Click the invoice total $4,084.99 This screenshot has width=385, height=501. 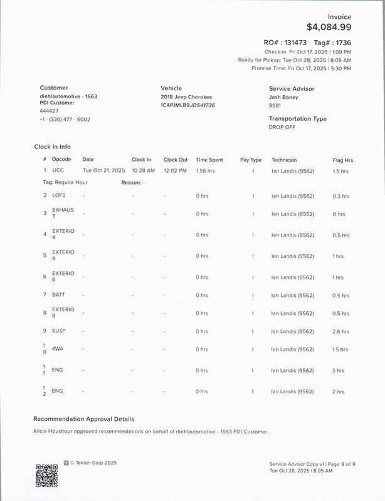coord(329,27)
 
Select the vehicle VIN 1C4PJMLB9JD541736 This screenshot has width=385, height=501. coord(187,105)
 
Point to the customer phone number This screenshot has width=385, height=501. coord(65,119)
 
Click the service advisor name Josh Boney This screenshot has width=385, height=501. coord(283,97)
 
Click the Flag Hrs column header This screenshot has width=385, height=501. coord(342,160)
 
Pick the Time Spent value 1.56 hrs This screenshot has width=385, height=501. coord(206,170)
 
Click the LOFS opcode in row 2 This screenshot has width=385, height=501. coord(59,196)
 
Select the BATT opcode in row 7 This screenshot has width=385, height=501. coord(59,295)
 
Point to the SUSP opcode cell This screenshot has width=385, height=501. coord(59,331)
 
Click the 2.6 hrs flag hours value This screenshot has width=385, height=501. coord(341,331)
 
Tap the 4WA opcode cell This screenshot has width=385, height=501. coord(58,349)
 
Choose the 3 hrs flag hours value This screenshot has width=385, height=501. coord(339,371)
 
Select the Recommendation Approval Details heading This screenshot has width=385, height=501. coord(83,419)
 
